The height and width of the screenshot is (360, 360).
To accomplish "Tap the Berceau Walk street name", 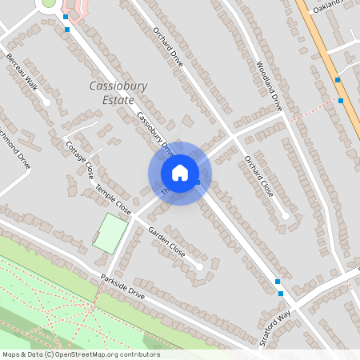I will (22, 72).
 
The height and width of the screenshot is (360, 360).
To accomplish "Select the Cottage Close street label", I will (80, 160).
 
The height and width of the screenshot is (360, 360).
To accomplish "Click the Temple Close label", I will (113, 199).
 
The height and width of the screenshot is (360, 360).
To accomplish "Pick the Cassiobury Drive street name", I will (154, 131).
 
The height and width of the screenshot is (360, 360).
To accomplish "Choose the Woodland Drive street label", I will (270, 85).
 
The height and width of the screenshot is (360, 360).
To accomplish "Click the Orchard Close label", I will (258, 176).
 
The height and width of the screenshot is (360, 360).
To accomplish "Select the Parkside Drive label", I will (122, 287).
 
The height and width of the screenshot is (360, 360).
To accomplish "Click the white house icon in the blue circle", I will (180, 173).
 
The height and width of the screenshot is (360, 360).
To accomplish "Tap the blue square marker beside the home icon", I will (198, 183).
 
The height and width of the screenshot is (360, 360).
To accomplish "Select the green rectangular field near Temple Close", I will (110, 234).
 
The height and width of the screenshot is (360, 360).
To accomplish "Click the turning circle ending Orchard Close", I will (286, 215).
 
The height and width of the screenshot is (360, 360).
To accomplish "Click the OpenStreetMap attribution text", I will (80, 354).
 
